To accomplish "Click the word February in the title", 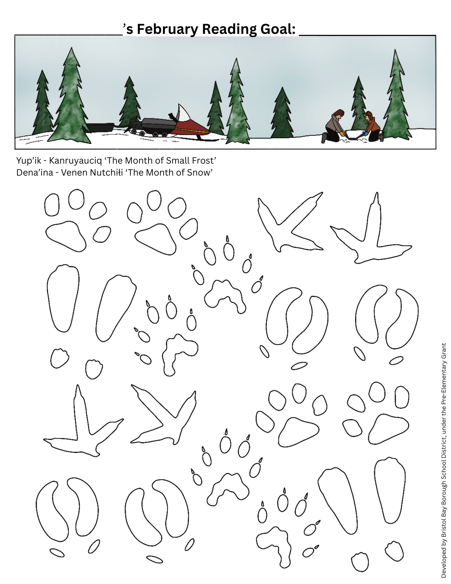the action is [168, 30].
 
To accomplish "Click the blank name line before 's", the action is [69, 35].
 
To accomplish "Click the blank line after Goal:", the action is [368, 35].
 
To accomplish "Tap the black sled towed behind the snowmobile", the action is [99, 127].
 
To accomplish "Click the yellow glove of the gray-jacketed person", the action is [342, 134].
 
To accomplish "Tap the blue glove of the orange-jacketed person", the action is [365, 134].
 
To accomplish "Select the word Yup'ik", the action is [29, 161].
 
